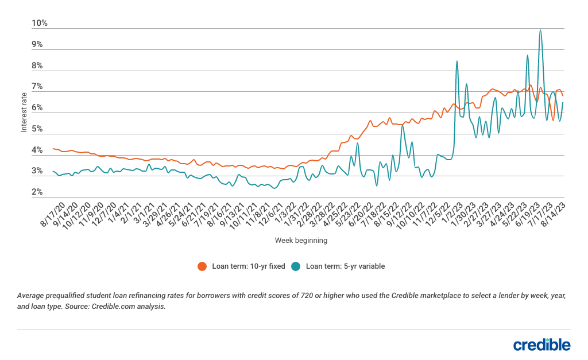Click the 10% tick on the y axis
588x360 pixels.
(x=40, y=24)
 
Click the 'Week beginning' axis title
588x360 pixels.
(x=301, y=240)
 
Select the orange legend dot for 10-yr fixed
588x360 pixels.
(x=202, y=266)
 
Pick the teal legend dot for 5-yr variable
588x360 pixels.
(x=296, y=266)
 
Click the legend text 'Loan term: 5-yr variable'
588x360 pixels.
(x=345, y=266)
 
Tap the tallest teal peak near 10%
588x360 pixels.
(x=540, y=30)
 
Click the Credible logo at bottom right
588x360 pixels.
(x=541, y=344)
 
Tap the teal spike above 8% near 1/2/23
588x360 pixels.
(x=457, y=61)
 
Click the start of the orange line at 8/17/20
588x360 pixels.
(x=53, y=149)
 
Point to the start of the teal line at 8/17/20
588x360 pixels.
(x=53, y=171)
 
